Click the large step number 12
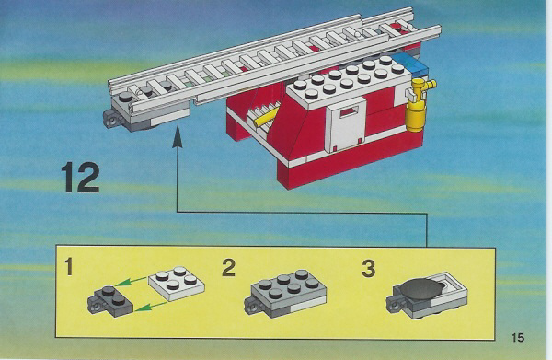(80, 178)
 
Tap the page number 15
(517, 338)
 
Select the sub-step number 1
(69, 267)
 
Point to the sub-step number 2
(228, 268)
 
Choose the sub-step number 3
(369, 269)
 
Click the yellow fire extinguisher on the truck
(418, 105)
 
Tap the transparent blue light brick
(410, 64)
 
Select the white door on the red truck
(346, 124)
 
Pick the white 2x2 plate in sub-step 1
(177, 284)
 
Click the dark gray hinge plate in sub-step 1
(110, 301)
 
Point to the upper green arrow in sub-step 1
(130, 281)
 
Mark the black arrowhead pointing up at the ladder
(178, 134)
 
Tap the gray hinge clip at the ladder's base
(112, 119)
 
